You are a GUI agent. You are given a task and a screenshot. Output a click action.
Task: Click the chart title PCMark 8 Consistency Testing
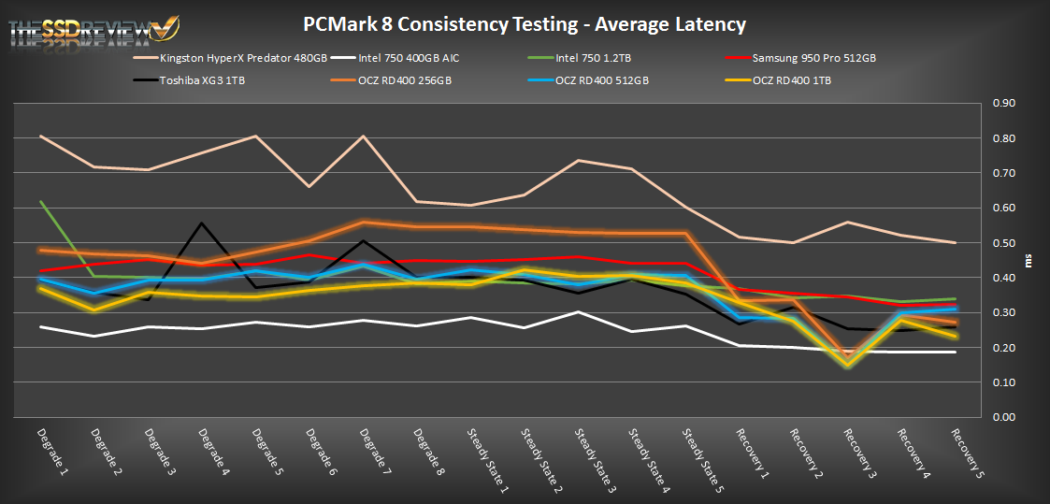525,23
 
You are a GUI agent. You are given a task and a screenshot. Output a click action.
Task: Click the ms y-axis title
1029,260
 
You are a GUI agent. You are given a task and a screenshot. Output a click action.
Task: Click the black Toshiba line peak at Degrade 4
202,223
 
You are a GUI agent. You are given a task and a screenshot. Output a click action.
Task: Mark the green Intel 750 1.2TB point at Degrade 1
42,201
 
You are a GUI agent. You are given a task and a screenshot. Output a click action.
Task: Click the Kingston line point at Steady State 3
580,160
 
